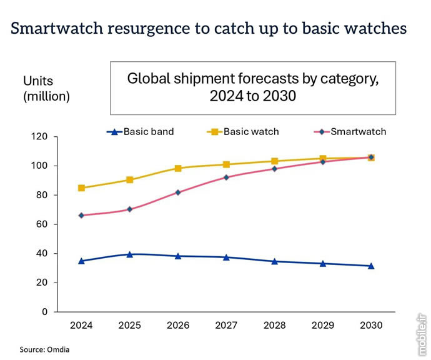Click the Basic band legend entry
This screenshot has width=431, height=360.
pos(140,132)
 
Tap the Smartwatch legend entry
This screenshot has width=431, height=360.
pos(349,132)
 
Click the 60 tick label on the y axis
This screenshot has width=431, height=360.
pos(42,224)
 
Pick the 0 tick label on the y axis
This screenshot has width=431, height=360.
pos(45,312)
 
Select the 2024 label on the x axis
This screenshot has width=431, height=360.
pos(81,326)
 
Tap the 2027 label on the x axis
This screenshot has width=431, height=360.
pos(226,326)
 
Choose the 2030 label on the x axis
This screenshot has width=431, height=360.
pos(370,326)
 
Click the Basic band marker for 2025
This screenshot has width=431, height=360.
pos(130,254)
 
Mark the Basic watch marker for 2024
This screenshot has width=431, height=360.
pos(82,188)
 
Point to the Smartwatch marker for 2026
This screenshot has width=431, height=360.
pos(178,192)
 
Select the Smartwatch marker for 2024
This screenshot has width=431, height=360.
pos(82,216)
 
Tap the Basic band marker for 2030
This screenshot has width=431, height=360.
pos(370,266)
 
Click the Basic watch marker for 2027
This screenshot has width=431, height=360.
pos(226,164)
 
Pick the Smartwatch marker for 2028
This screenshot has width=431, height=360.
pos(274,169)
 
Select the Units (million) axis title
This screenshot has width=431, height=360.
pos(46,89)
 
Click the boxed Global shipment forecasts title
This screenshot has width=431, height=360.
pos(253,87)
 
